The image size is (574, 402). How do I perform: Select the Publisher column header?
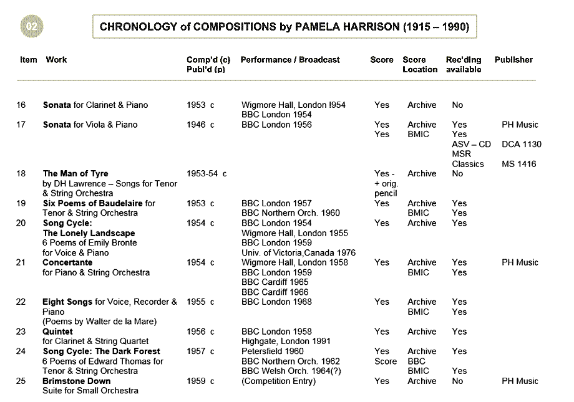(513, 60)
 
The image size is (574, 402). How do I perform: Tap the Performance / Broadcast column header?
(290, 60)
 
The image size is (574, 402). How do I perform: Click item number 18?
(21, 173)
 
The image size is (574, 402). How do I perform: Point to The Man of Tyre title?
(75, 173)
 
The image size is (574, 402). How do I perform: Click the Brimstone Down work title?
(77, 381)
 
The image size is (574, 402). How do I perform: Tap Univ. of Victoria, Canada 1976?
(298, 252)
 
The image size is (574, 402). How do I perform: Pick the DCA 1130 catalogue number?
(521, 144)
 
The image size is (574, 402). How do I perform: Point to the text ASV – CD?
(471, 144)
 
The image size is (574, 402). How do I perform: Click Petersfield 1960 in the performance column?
(273, 351)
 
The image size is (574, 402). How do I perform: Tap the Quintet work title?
(57, 332)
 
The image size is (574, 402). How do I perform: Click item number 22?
(21, 302)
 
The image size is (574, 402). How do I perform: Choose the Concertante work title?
(67, 262)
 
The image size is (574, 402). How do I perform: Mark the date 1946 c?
(200, 125)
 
